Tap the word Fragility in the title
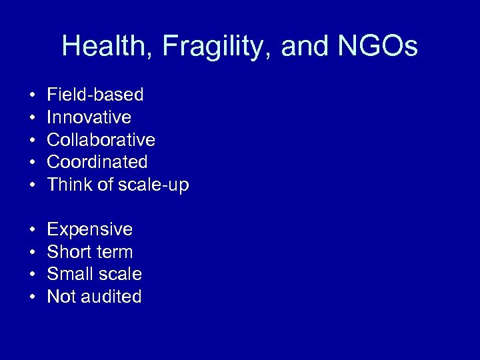tap(213, 47)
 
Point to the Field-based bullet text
tap(95, 95)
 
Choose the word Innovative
tap(89, 117)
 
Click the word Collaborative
tap(101, 140)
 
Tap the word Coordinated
tap(97, 162)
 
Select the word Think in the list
tap(69, 185)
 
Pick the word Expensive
tap(90, 229)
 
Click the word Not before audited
tap(62, 297)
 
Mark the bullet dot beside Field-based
tap(32, 95)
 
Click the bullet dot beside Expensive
tap(32, 230)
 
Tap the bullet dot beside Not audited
tap(32, 297)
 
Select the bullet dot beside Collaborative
tap(32, 141)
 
